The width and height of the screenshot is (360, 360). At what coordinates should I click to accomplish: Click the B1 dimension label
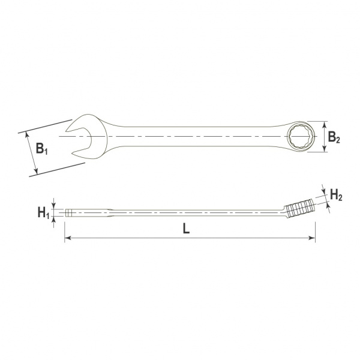pos(42,149)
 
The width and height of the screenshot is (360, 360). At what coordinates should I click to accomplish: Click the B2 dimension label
pos(334,137)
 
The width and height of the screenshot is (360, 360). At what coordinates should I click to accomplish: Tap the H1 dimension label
pos(44,212)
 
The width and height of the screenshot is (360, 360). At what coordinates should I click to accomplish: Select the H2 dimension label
pos(336,195)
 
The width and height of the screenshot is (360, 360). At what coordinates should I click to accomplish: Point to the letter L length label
pos(186,229)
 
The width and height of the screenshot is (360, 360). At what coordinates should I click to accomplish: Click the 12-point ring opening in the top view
pos(301,136)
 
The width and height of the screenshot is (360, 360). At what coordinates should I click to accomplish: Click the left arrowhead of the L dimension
pos(67,238)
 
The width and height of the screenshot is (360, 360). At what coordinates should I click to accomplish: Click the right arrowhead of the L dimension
pos(313,238)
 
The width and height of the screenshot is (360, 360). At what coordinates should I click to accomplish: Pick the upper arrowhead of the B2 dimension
pos(325,124)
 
